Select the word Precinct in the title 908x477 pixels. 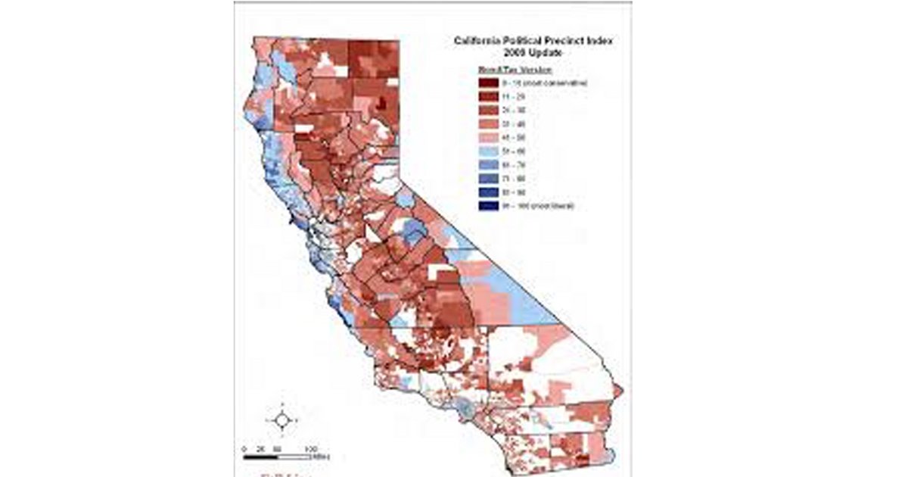[x=560, y=42]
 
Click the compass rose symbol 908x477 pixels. [x=281, y=419]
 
